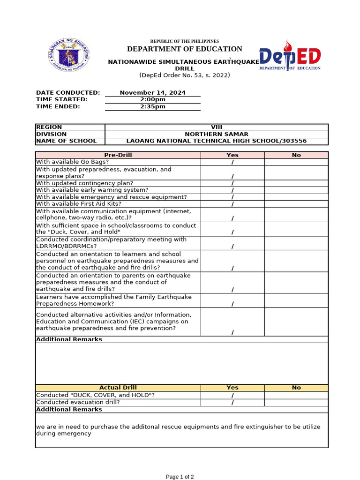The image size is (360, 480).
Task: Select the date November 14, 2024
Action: coord(152,93)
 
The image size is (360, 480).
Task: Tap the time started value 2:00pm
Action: coord(152,99)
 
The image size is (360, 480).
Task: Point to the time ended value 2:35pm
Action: coord(152,106)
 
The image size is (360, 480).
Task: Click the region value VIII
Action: coord(216,127)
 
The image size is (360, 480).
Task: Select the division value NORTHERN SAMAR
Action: coord(216,134)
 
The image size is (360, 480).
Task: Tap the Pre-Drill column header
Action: coord(118,155)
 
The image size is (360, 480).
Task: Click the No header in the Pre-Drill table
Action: coord(296,155)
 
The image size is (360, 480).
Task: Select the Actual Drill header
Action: coord(118,388)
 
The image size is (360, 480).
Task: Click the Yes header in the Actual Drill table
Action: coord(232,388)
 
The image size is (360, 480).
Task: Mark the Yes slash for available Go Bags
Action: coord(232,162)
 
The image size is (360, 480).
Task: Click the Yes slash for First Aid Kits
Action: coord(232,204)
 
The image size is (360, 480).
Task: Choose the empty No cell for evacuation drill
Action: coord(296,402)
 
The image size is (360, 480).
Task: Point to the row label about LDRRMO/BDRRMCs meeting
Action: coord(111,243)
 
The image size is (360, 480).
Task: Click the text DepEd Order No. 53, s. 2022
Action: coord(184,75)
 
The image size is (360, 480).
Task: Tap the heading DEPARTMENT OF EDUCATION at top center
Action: coord(184,49)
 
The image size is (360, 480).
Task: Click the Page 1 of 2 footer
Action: coord(180,477)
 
